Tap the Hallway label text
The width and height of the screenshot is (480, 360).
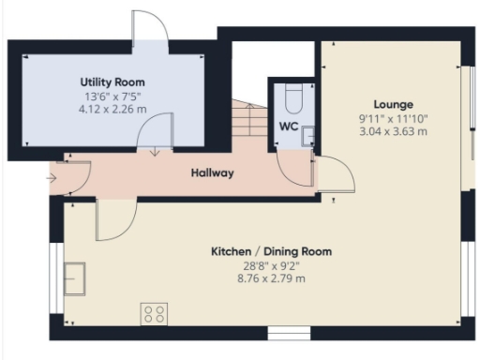212,173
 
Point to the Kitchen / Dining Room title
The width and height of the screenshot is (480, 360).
271,252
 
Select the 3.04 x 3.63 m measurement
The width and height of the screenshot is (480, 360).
393,131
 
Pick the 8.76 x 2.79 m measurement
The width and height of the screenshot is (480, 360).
271,278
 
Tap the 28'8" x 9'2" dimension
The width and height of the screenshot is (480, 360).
271,265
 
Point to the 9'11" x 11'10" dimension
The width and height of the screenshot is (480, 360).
393,118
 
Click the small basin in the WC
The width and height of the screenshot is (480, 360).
307,136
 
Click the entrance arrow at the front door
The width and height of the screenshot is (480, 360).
51,174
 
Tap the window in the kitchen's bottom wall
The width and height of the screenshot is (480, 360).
281,332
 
